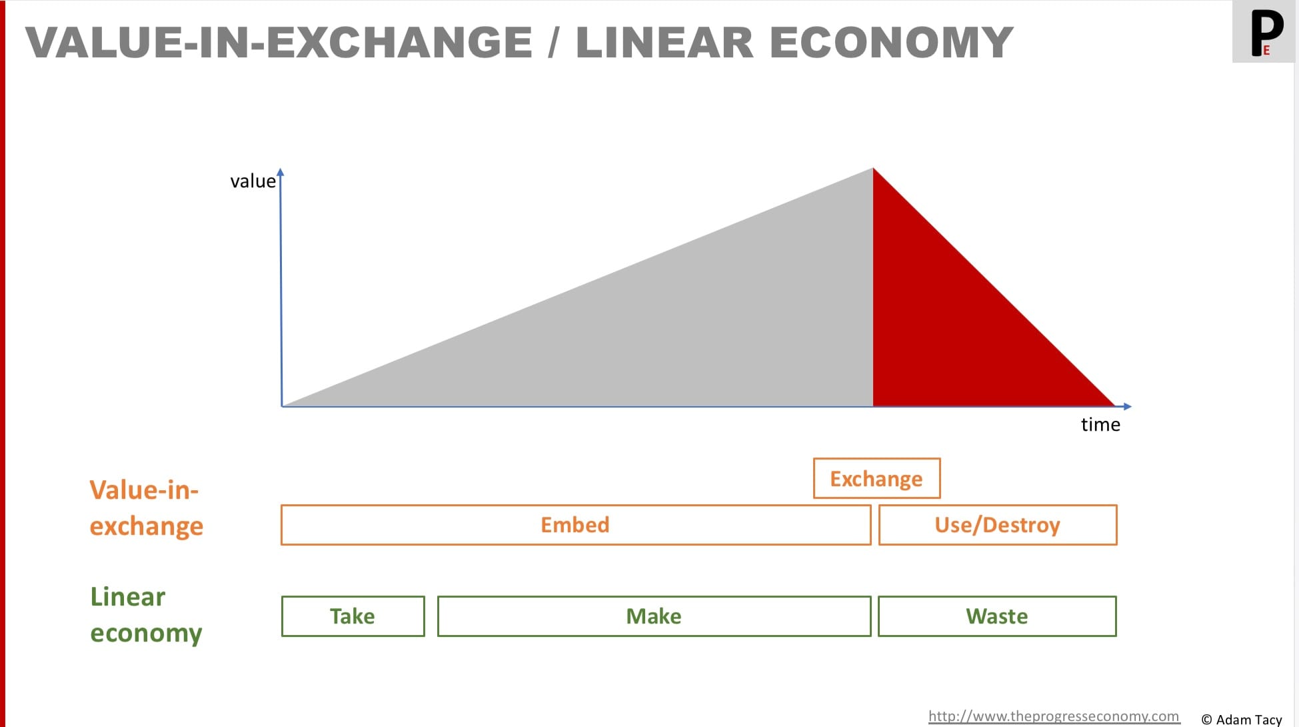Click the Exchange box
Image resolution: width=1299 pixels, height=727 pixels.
(x=876, y=478)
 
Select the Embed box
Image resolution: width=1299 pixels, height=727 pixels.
(x=576, y=525)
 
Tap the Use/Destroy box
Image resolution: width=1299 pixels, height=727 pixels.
(x=998, y=525)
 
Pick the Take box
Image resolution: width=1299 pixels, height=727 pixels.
(x=353, y=616)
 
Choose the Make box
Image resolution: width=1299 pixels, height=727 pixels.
(x=654, y=616)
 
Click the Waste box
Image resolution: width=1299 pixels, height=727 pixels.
(x=997, y=616)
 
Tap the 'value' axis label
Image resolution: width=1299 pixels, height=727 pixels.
(x=253, y=181)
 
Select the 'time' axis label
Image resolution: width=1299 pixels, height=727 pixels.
(x=1100, y=425)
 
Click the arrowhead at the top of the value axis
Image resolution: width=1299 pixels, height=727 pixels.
(x=281, y=171)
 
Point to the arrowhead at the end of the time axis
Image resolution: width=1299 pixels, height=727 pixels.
(x=1127, y=406)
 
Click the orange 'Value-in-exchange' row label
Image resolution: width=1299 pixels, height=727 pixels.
(x=146, y=508)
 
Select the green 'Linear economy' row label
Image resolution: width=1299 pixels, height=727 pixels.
(x=146, y=615)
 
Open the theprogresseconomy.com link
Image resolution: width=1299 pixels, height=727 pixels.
(x=1054, y=716)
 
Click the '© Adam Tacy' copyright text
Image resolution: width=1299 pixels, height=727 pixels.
(x=1242, y=720)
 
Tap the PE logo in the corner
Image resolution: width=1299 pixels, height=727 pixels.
(x=1264, y=32)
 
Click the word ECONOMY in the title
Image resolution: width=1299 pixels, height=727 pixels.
(x=892, y=42)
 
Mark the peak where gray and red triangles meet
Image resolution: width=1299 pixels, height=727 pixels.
(x=873, y=168)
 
